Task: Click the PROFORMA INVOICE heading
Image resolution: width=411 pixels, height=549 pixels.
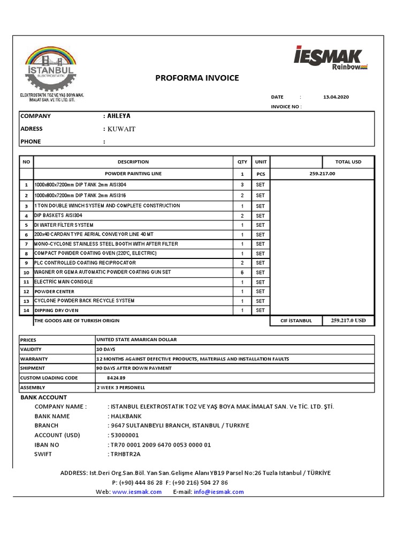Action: [197, 78]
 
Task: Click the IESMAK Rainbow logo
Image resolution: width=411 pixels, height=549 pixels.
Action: [330, 58]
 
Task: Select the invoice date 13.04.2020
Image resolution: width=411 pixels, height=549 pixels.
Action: [336, 97]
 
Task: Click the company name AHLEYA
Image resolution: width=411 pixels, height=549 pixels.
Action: [118, 116]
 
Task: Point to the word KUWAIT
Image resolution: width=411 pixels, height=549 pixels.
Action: [121, 129]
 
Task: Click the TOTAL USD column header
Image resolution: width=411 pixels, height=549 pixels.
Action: [348, 162]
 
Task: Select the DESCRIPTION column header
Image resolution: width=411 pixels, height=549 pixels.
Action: [133, 162]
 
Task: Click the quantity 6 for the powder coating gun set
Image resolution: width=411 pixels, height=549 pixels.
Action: [242, 272]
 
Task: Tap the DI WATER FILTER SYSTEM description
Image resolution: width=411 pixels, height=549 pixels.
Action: [64, 225]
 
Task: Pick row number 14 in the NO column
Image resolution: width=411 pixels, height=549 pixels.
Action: [26, 310]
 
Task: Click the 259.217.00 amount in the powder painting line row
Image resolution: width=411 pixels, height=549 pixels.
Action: [322, 174]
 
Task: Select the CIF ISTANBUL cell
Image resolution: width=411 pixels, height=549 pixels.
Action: [296, 321]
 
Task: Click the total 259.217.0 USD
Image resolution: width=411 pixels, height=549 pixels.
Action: [348, 321]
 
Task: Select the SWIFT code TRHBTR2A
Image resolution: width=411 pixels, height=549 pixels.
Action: [125, 454]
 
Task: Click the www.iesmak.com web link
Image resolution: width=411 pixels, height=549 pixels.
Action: [137, 492]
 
